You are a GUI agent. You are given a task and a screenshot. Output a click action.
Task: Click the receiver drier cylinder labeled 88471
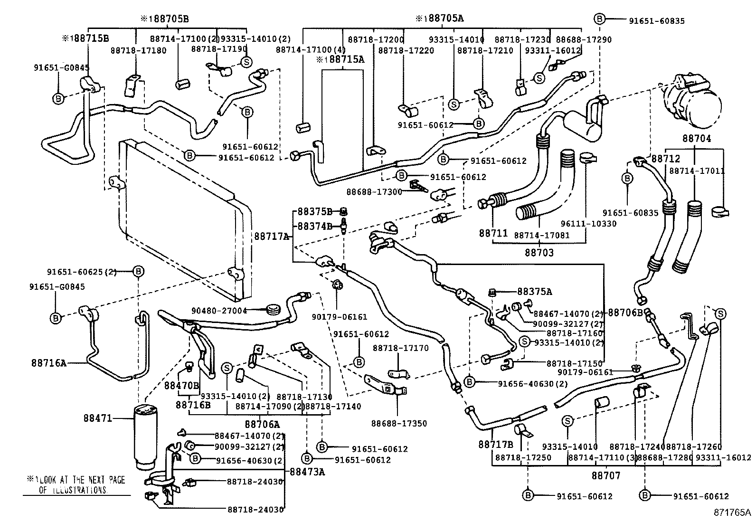click(148, 435)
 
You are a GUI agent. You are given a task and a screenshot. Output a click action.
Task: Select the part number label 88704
click(697, 139)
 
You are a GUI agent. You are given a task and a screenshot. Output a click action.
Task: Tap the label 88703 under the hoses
click(539, 252)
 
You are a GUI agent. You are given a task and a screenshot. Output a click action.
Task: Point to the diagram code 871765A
click(731, 513)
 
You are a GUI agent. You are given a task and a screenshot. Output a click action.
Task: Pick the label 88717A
click(271, 236)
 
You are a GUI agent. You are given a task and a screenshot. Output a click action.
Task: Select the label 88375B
click(315, 211)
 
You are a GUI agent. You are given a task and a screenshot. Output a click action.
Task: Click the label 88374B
click(315, 226)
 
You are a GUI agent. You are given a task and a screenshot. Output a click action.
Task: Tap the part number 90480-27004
click(219, 311)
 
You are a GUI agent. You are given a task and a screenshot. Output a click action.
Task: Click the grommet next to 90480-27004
click(273, 311)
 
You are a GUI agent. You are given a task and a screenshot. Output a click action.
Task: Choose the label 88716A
click(49, 363)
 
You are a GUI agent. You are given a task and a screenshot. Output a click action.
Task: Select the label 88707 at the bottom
click(606, 475)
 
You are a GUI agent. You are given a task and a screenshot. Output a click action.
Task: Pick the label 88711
click(493, 233)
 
